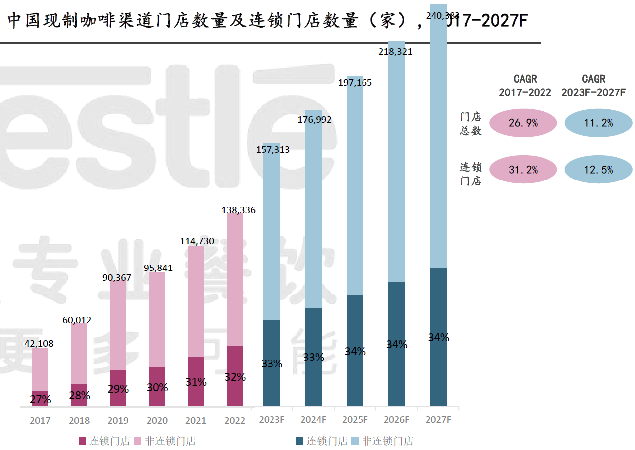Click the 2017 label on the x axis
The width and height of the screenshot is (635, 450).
[x=40, y=421]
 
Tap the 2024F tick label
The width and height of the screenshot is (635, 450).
[x=313, y=420]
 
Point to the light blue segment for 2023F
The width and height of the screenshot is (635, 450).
[x=272, y=239]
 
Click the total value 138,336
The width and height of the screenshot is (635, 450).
[x=238, y=210]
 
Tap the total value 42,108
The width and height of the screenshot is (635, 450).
[x=39, y=343]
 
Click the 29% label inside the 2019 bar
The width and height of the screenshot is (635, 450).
[x=118, y=389]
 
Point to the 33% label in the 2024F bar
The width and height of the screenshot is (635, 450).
[x=313, y=357]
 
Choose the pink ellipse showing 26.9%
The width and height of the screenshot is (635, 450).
[x=523, y=123]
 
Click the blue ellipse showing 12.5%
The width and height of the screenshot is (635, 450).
[x=598, y=170]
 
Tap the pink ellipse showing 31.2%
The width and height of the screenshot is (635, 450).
[x=523, y=170]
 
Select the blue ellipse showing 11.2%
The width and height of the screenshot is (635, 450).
[x=598, y=123]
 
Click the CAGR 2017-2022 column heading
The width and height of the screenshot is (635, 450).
[x=525, y=86]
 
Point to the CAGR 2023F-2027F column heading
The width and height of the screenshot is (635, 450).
[x=593, y=86]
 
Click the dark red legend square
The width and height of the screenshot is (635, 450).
[x=83, y=441]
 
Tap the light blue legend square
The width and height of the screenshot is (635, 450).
[x=356, y=441]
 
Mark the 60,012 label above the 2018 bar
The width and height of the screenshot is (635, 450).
[x=77, y=320]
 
